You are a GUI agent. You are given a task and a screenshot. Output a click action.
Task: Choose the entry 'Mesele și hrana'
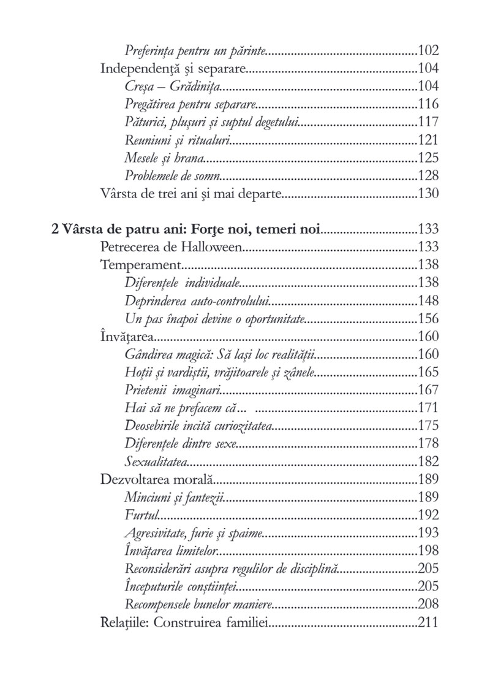click(x=164, y=158)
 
